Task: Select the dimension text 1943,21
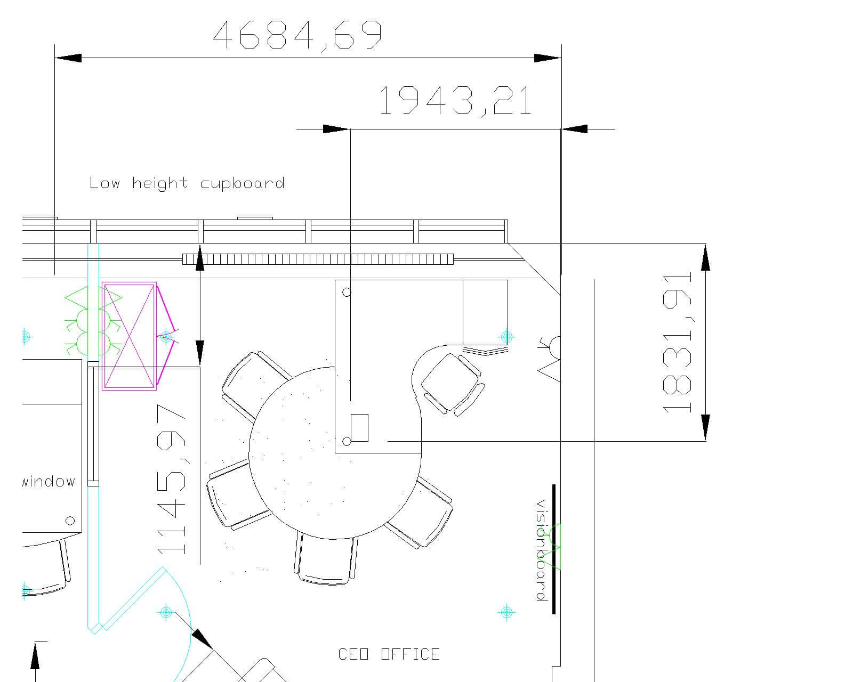tap(456, 101)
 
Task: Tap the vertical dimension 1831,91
tap(678, 343)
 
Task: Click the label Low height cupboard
tap(187, 183)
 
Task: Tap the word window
tap(49, 482)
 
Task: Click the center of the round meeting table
tap(335, 453)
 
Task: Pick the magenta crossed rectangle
tap(129, 336)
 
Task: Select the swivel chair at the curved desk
tap(453, 384)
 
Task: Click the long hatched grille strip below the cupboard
tap(318, 259)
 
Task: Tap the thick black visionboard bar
tap(554, 549)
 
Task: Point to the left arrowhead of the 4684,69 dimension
tap(68, 58)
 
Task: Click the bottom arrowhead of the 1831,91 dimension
tap(705, 427)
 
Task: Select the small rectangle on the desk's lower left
tap(359, 428)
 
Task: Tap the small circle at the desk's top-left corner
tap(347, 293)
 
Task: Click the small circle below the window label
tap(70, 521)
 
